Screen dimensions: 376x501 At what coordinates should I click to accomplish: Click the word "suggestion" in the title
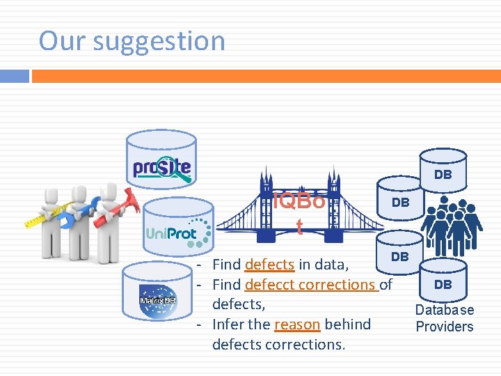pos(159,41)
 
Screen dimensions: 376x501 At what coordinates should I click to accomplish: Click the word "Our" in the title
pos(63,41)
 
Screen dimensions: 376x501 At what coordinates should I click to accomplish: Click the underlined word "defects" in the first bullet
pos(269,265)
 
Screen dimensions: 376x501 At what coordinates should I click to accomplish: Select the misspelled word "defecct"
pos(269,285)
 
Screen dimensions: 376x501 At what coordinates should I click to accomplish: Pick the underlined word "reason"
pos(297,324)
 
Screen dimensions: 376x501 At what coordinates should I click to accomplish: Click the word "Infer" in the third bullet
pos(228,324)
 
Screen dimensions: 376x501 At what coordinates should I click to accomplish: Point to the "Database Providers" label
pos(445,318)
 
